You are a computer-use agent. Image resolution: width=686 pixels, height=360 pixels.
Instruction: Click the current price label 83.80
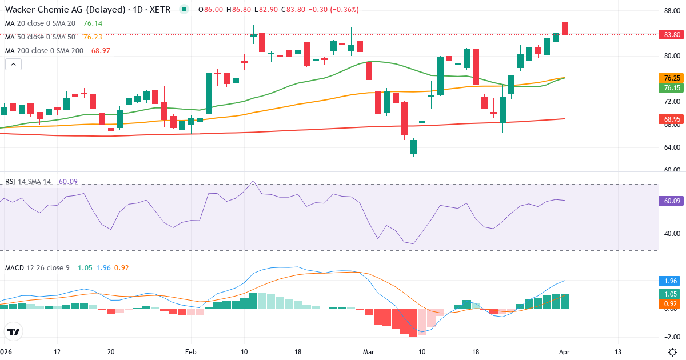click(x=671, y=34)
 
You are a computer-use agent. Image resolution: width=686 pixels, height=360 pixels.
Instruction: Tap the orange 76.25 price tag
click(x=671, y=78)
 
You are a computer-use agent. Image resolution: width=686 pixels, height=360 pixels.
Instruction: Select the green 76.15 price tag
click(x=671, y=88)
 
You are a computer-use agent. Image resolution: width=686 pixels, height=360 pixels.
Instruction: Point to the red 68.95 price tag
click(x=671, y=119)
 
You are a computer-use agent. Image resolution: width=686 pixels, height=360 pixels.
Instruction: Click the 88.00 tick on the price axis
click(x=671, y=10)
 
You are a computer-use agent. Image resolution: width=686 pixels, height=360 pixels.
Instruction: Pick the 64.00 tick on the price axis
click(x=671, y=147)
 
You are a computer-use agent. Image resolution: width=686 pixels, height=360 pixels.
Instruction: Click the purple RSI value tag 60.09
click(x=671, y=201)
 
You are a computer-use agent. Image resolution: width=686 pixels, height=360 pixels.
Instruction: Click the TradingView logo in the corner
click(x=14, y=331)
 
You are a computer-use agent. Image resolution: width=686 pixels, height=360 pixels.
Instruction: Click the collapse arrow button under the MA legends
click(x=13, y=65)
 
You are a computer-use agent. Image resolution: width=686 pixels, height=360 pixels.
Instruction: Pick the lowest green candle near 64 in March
click(x=413, y=147)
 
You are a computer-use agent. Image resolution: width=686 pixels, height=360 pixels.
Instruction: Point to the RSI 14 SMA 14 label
click(x=28, y=182)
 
